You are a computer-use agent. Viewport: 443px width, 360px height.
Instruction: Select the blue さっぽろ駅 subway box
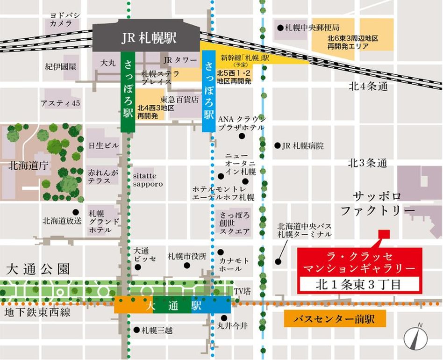pos(208,91)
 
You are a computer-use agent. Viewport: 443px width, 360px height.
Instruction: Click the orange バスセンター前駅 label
pos(335,320)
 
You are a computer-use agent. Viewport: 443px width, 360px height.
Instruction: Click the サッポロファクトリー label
pos(377,203)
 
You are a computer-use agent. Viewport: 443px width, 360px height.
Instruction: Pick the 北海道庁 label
pos(22,165)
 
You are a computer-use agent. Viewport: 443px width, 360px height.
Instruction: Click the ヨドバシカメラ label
pos(65,19)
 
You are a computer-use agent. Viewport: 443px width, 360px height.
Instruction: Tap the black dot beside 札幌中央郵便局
pos(280,28)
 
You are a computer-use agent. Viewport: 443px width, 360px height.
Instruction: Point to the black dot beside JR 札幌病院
pos(277,145)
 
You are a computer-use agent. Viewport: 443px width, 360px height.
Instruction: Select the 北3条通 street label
pos(368,163)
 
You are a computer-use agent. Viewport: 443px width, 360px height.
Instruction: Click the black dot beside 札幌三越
pos(136,330)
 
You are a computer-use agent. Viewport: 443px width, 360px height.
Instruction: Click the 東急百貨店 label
pos(179,100)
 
